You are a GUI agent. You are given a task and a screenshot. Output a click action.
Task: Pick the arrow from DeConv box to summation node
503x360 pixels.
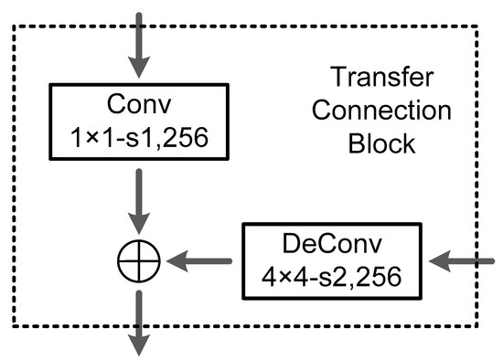pos(204,261)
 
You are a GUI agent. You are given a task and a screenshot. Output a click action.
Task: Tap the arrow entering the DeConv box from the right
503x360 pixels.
pos(463,262)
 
